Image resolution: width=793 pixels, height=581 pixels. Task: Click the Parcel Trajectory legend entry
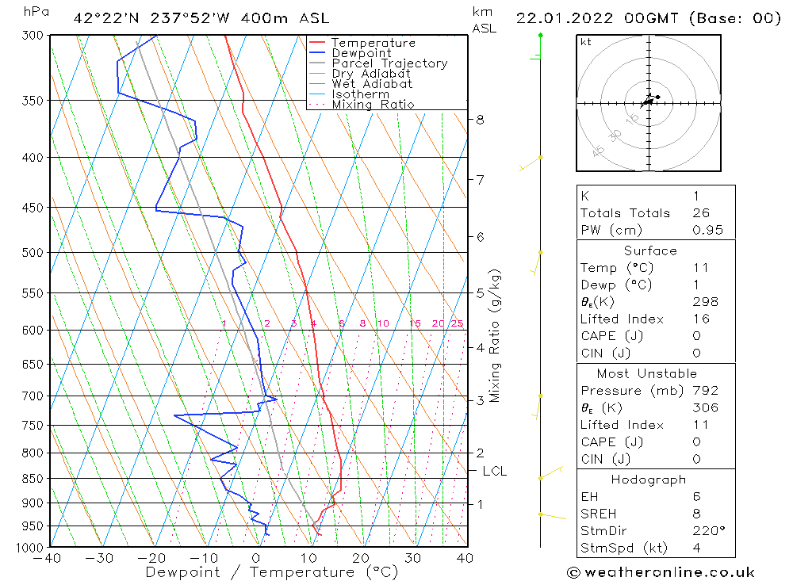tap(389, 63)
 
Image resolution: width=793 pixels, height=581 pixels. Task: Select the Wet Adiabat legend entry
tap(372, 84)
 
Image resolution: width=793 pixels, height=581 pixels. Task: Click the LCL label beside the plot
tap(494, 471)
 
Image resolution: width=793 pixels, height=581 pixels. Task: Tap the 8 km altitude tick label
tap(480, 120)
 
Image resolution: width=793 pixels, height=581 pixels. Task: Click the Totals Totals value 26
tap(701, 213)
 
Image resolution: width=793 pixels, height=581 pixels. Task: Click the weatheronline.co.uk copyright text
tap(661, 571)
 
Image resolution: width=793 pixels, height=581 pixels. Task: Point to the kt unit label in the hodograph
tap(585, 43)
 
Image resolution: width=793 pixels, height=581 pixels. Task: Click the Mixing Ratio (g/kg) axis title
tap(496, 335)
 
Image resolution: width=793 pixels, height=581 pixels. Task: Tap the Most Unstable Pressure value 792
tap(705, 391)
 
